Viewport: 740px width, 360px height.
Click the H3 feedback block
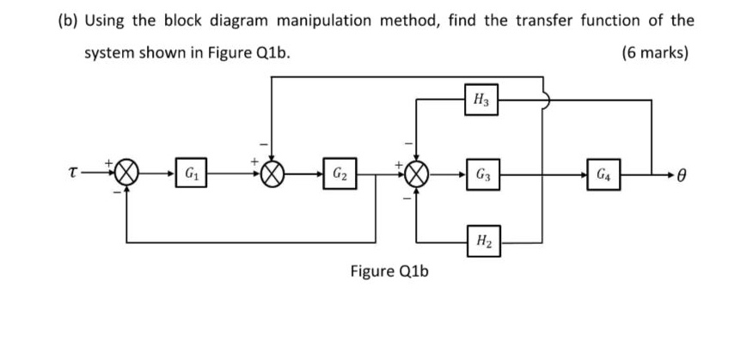click(478, 101)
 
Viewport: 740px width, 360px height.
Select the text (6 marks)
click(654, 52)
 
